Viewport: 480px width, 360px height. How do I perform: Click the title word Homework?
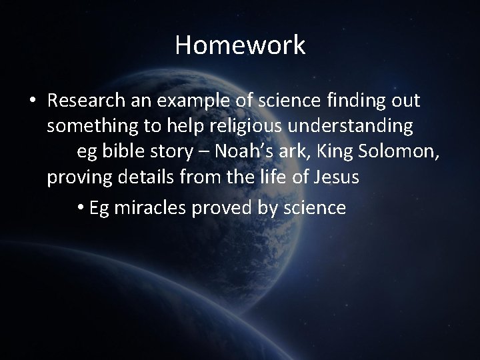point(240,45)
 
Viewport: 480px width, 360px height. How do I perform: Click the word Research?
point(84,101)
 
